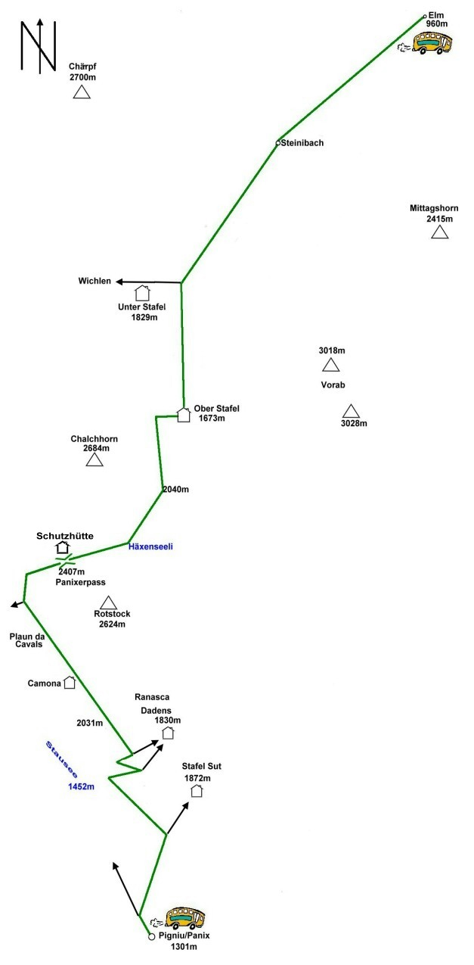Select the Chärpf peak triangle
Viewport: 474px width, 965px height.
coord(82,93)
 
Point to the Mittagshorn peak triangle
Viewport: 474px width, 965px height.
coord(439,232)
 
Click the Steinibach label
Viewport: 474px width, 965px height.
coord(302,142)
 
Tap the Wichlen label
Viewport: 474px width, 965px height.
coord(94,282)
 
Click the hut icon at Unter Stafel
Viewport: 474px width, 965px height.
coord(141,293)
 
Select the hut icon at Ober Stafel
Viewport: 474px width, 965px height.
coord(183,414)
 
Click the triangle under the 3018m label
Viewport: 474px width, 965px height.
coord(330,366)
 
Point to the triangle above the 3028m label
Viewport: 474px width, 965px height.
coord(351,411)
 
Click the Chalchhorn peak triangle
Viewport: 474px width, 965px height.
coord(94,459)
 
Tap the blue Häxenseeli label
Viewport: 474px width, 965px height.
coord(151,546)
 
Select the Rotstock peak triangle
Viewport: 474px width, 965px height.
coord(108,603)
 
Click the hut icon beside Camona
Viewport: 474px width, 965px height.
coord(70,682)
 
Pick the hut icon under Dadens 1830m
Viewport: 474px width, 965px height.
coord(168,732)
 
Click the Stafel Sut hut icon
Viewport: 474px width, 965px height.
coord(197,791)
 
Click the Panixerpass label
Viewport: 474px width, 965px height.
coord(80,582)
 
